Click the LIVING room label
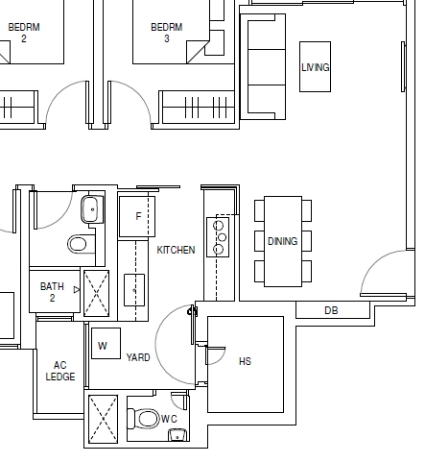(316, 67)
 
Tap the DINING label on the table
(283, 241)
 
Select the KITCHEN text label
(176, 250)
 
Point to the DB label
(331, 310)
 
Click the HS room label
(245, 361)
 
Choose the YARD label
(138, 357)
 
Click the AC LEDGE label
(60, 371)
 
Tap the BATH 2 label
(52, 292)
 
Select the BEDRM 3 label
(167, 33)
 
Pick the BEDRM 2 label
(24, 33)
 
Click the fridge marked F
(137, 216)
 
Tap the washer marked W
(106, 343)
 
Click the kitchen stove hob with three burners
(218, 237)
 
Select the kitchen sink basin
(134, 290)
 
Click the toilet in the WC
(143, 419)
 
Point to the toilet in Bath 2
(82, 244)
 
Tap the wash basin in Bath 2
(92, 209)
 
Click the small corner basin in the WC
(177, 435)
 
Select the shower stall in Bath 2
(96, 294)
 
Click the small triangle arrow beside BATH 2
(77, 290)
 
